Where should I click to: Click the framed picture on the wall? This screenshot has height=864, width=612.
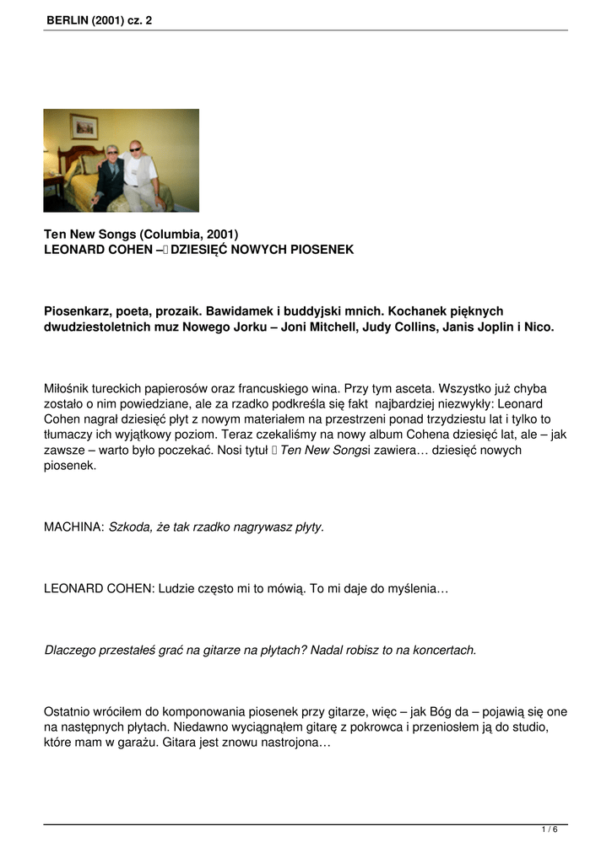coord(84,127)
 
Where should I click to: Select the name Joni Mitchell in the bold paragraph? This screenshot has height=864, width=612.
coord(323,327)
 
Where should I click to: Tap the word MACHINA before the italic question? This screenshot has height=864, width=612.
coord(73,526)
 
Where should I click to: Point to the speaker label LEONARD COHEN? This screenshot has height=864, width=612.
coord(100,588)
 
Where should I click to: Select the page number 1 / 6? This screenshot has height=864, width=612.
coord(550,829)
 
